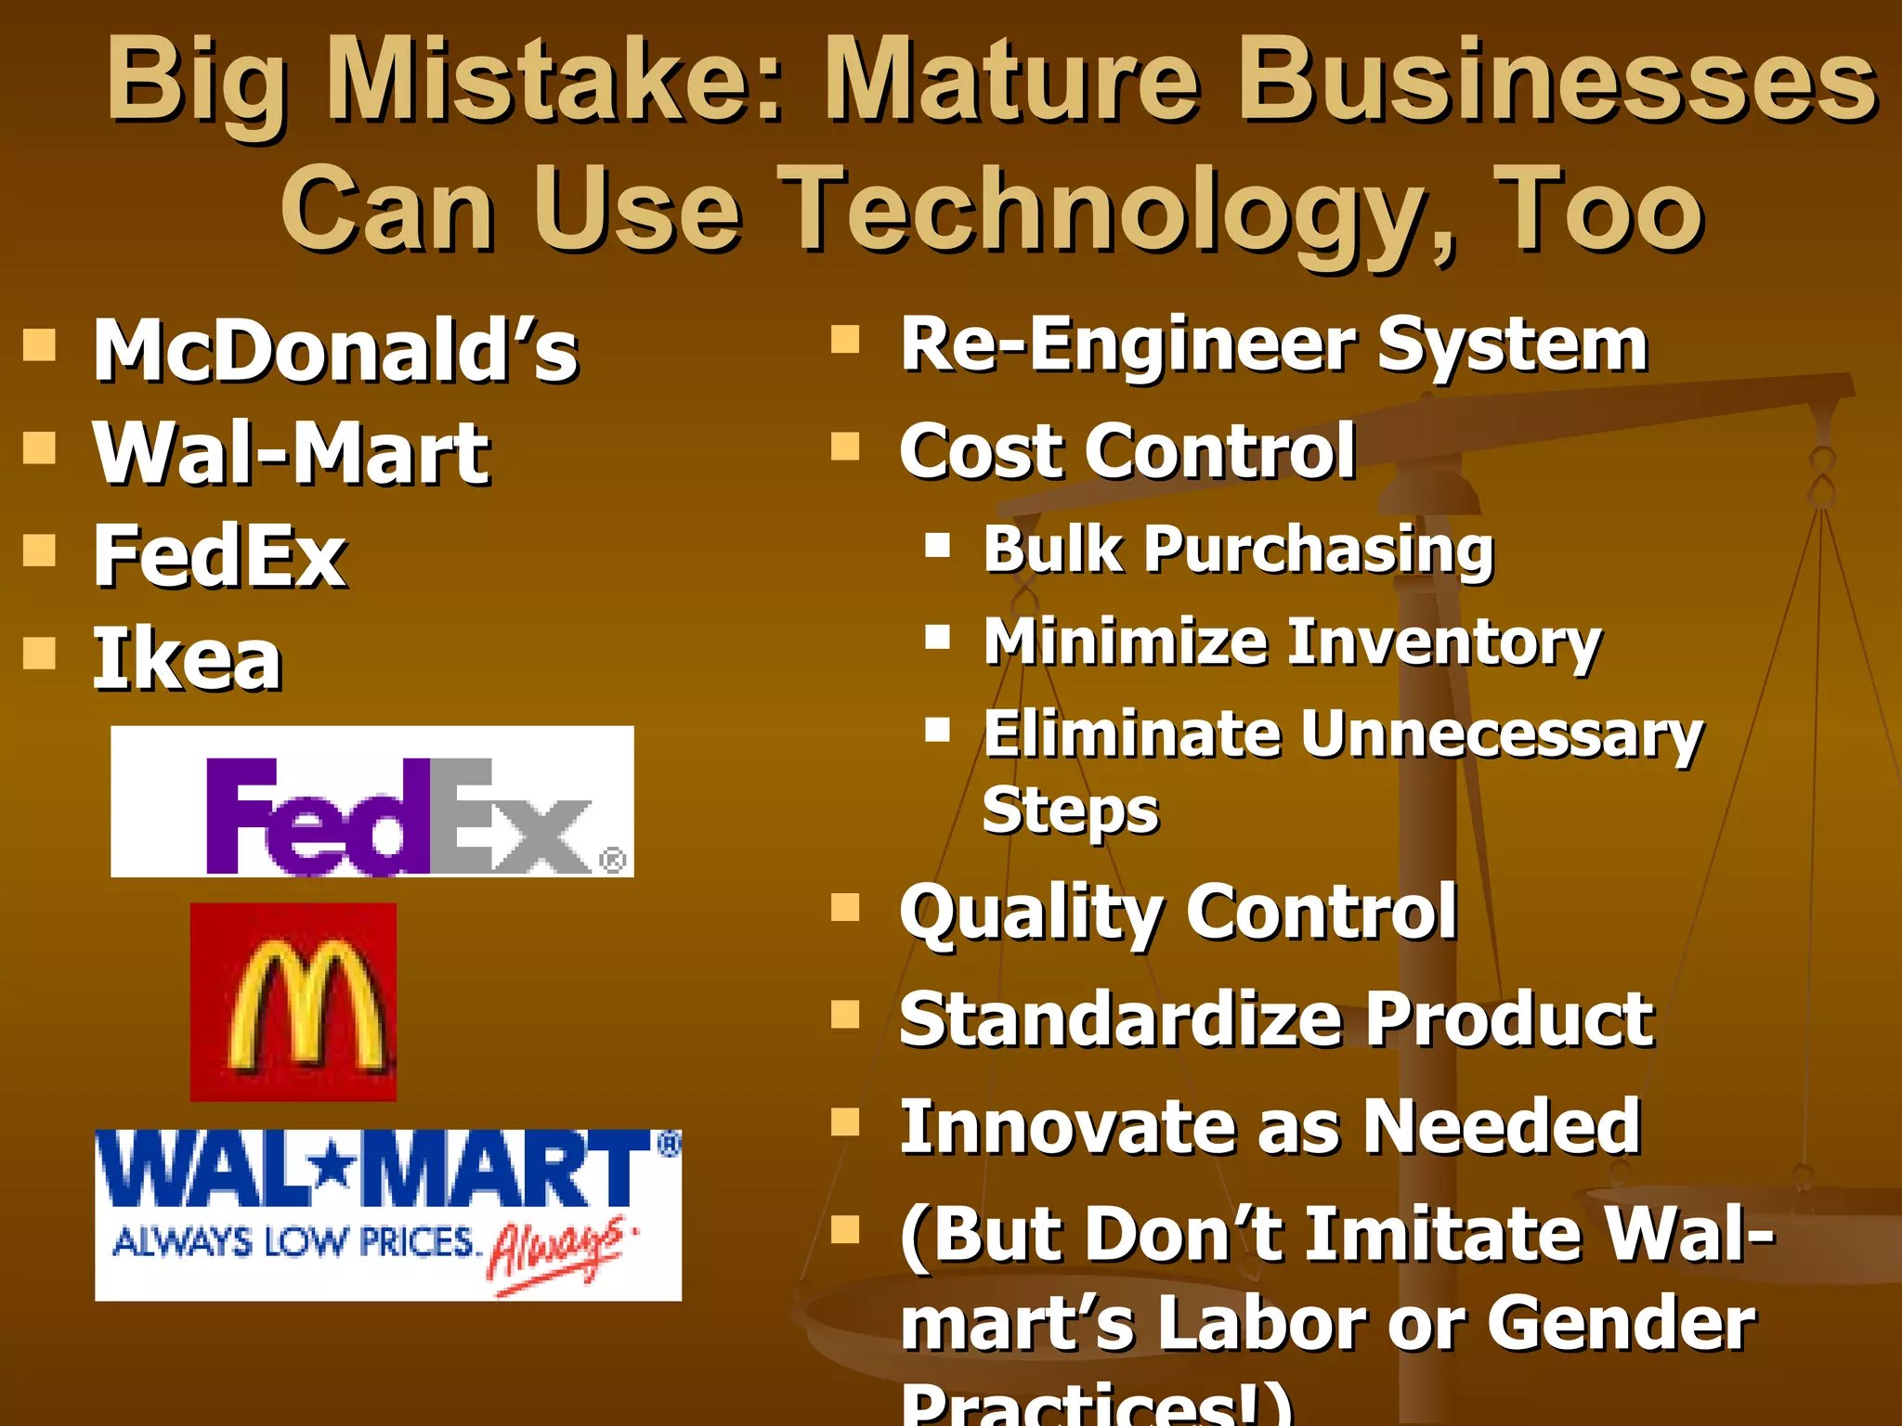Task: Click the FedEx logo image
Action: tap(372, 802)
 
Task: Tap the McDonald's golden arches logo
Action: tap(293, 1003)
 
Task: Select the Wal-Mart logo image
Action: tap(388, 1214)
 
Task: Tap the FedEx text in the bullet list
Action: tap(220, 556)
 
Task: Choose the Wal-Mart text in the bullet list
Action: tap(291, 453)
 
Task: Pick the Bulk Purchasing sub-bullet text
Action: tap(1239, 550)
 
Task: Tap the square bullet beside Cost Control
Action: tap(845, 447)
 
